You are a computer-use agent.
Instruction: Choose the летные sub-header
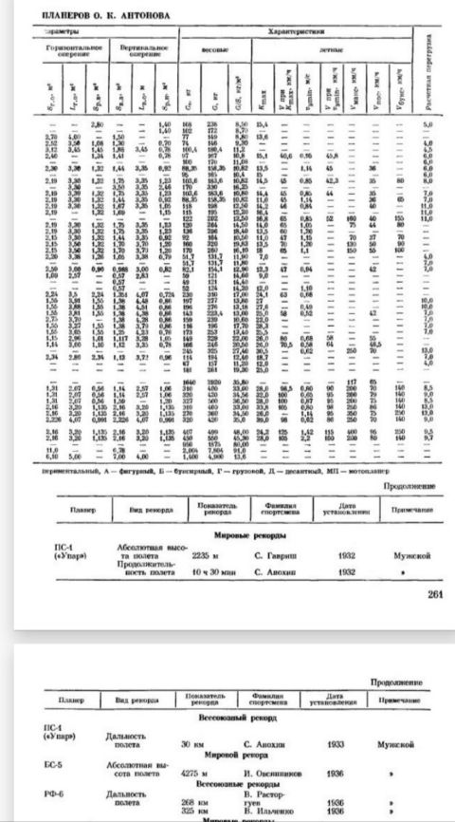click(x=333, y=46)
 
